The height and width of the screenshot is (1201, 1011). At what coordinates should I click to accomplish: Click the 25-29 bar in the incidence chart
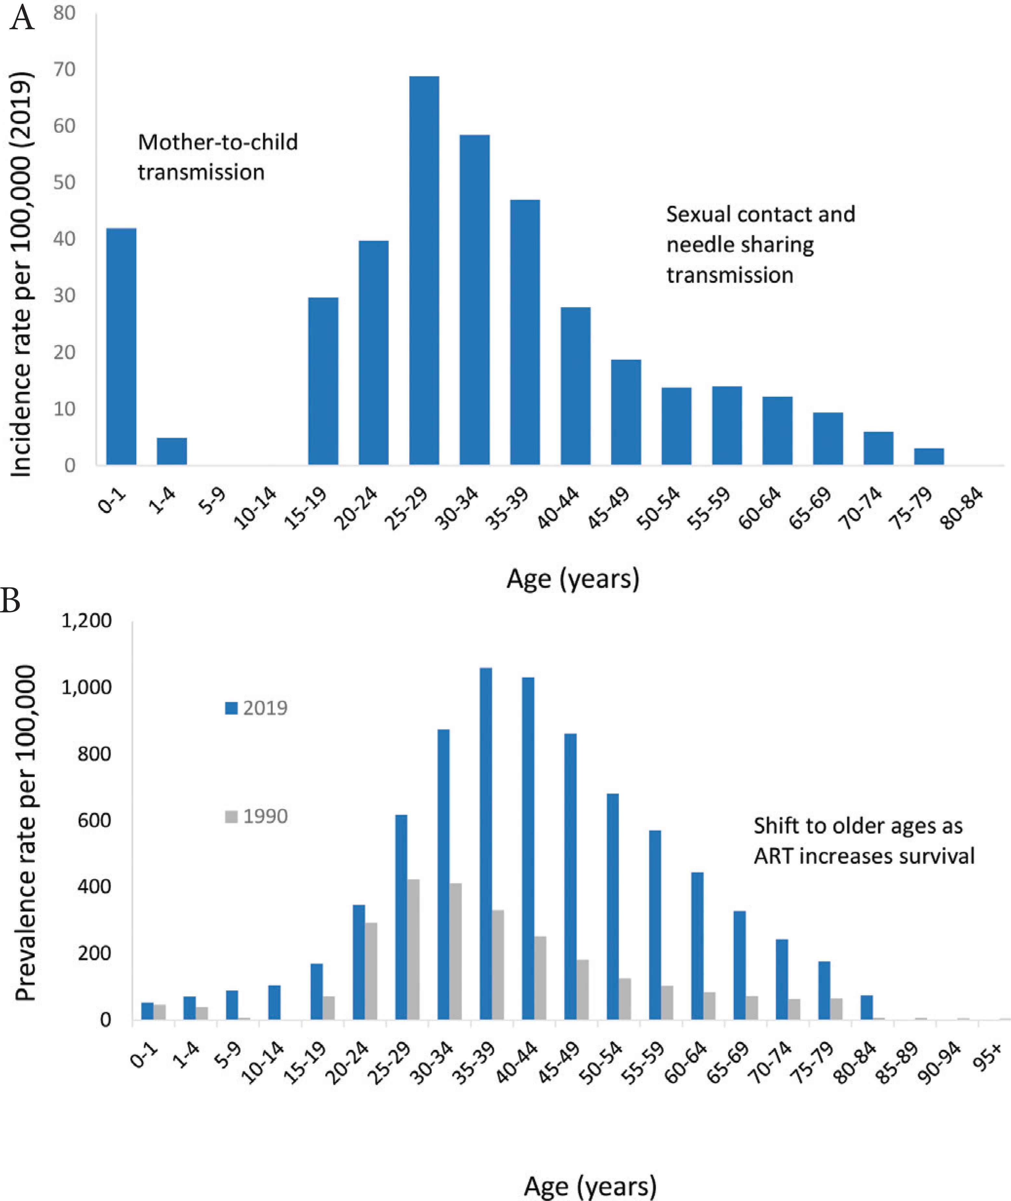[x=424, y=270]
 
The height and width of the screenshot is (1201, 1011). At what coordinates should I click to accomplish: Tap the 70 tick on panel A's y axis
[x=64, y=69]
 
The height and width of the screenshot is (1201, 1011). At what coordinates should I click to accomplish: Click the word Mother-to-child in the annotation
[x=218, y=142]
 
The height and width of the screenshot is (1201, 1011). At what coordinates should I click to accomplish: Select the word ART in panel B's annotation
[x=774, y=856]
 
